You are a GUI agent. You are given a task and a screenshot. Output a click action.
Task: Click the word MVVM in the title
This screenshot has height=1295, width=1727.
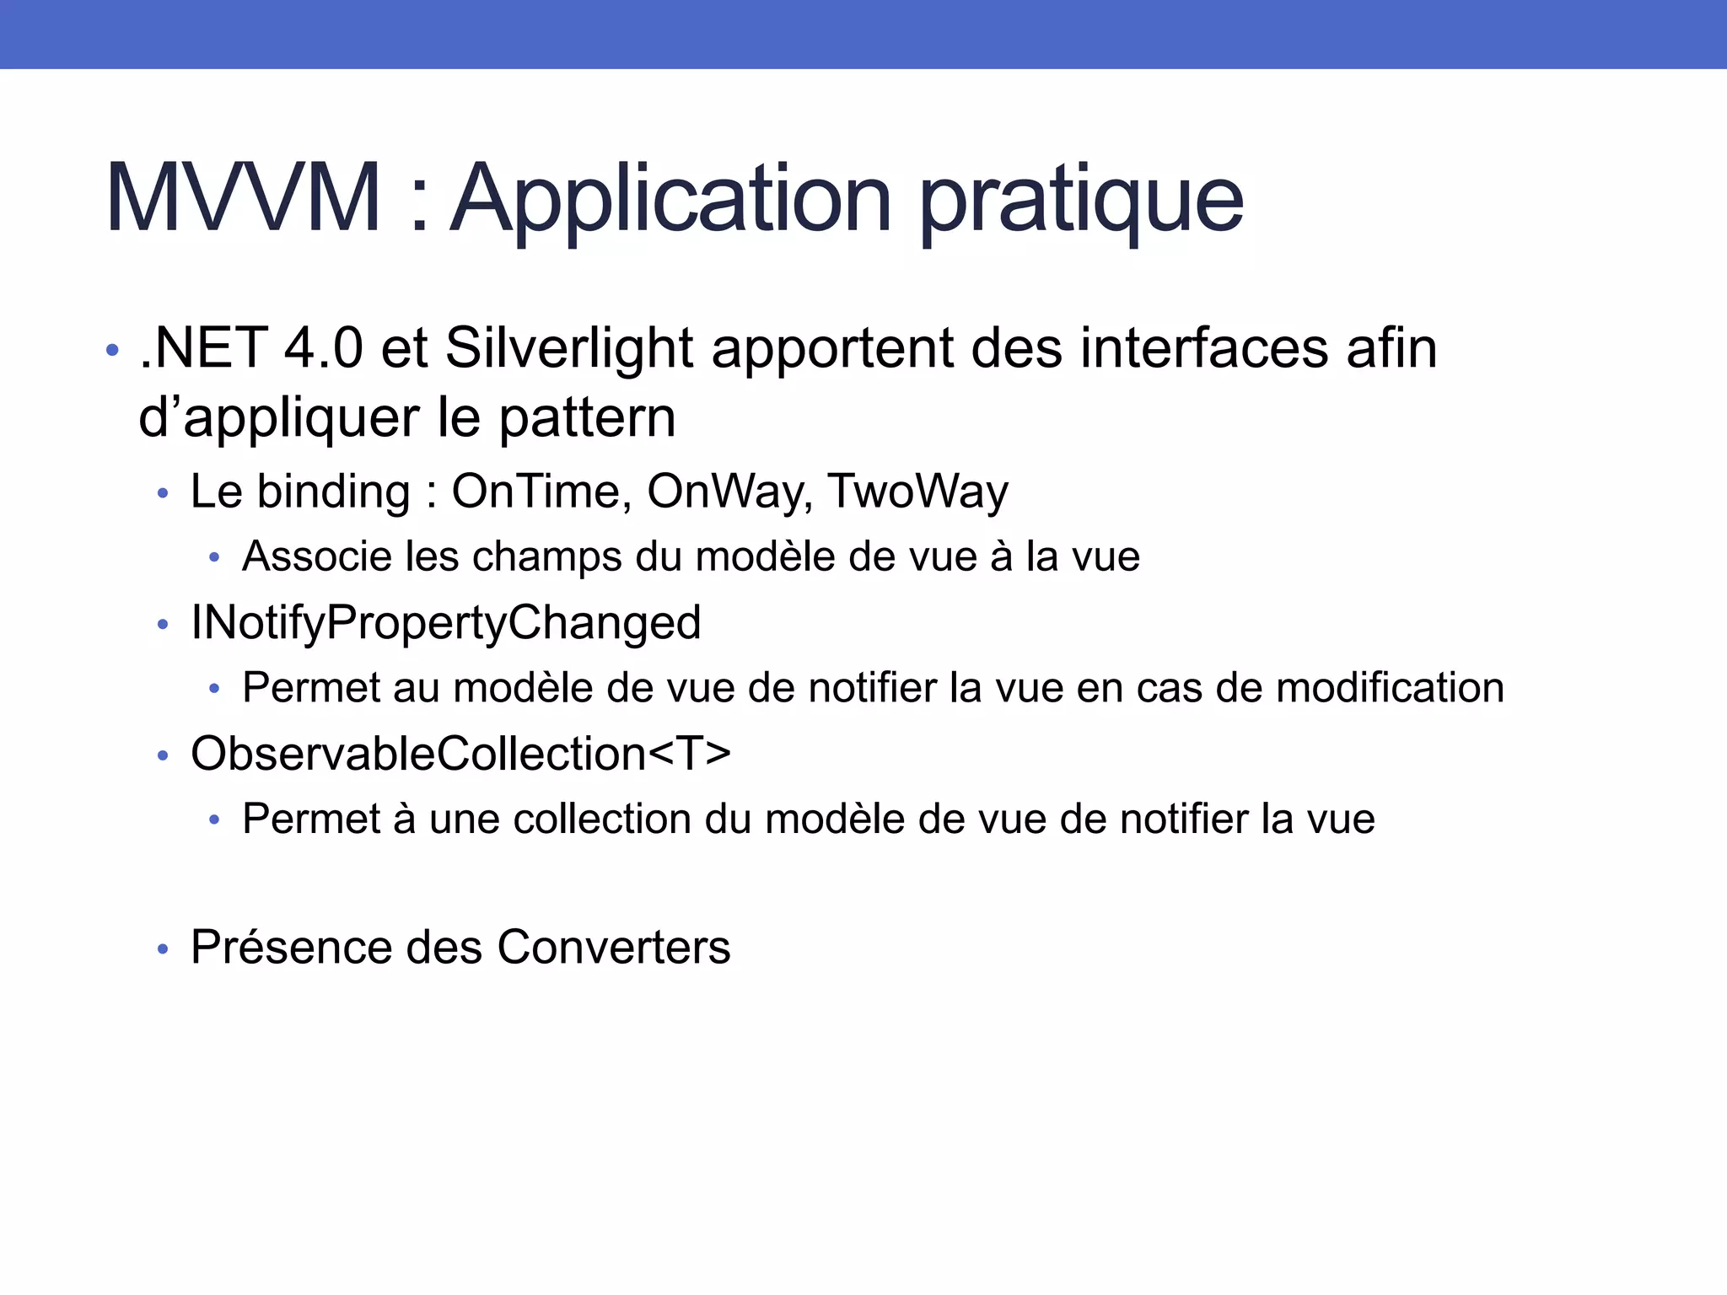[x=244, y=199]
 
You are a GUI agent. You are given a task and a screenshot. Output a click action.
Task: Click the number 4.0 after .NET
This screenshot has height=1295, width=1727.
[x=323, y=348]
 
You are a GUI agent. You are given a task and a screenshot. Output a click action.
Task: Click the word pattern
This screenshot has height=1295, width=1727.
[x=587, y=418]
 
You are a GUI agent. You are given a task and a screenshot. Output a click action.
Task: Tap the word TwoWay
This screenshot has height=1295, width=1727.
[x=917, y=492]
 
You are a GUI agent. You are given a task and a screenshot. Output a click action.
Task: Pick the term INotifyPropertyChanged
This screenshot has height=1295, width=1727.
[x=445, y=624]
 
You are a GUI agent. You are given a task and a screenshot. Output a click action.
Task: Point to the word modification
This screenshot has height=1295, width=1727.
[x=1390, y=687]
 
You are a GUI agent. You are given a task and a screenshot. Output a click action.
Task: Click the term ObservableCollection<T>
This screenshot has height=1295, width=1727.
[x=460, y=754]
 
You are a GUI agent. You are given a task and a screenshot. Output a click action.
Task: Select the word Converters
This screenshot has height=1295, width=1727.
[x=613, y=947]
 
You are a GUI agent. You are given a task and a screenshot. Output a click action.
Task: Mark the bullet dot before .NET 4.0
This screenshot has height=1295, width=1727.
[x=112, y=350]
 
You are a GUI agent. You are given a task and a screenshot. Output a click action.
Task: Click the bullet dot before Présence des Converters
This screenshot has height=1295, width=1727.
[x=164, y=949]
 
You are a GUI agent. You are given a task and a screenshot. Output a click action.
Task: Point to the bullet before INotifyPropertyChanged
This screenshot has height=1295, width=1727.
[x=164, y=626]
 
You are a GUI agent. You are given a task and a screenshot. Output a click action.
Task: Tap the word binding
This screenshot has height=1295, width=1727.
[x=333, y=492]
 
